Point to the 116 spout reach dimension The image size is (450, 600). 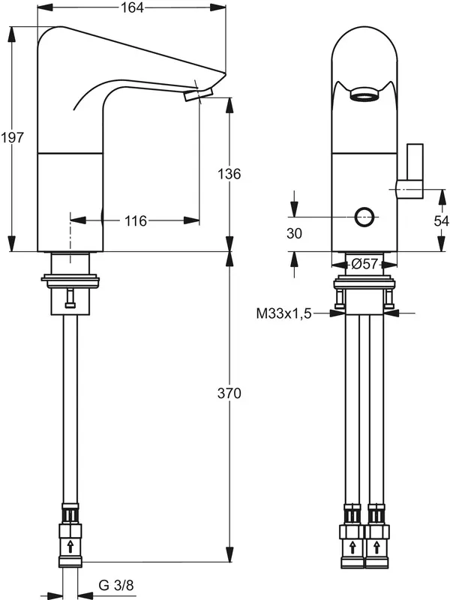click(x=135, y=220)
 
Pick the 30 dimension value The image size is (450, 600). click(x=294, y=233)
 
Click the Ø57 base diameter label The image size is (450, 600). click(x=364, y=263)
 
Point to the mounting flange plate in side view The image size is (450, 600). click(x=70, y=281)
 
